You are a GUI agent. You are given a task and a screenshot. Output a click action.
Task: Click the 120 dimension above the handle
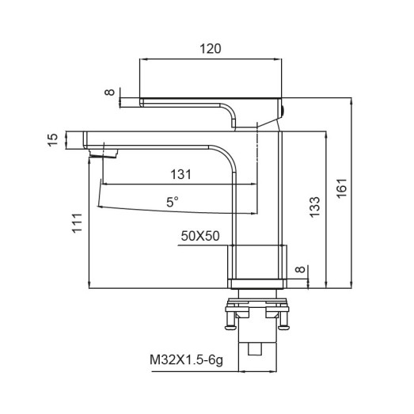(x=211, y=48)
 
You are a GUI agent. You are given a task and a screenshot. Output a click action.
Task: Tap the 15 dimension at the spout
(x=53, y=139)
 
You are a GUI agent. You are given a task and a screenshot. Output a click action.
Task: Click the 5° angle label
(x=172, y=202)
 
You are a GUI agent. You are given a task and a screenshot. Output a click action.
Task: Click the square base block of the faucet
(x=255, y=261)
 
